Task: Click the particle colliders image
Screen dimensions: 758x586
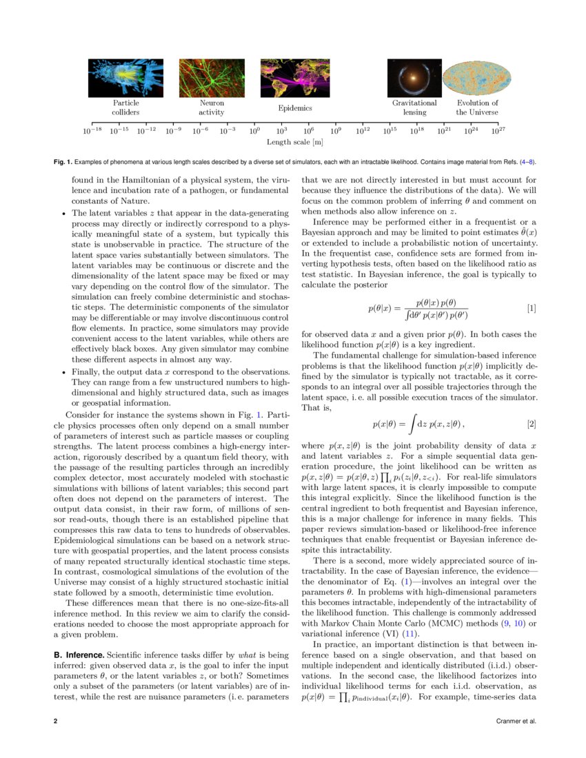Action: (x=125, y=77)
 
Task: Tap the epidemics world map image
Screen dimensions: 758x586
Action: (x=295, y=77)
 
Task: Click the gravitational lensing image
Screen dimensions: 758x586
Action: (x=414, y=77)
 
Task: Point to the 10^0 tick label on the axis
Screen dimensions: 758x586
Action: (x=254, y=130)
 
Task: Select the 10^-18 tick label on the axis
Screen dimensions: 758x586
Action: (x=92, y=130)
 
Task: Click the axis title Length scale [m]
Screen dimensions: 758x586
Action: (x=295, y=142)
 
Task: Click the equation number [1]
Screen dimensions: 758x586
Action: (x=531, y=309)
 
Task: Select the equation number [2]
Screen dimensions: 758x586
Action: (x=531, y=423)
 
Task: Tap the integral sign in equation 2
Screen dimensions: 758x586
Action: (x=412, y=423)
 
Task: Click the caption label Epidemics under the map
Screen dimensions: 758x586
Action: (x=295, y=108)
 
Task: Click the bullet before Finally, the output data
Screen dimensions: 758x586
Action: (x=63, y=372)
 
